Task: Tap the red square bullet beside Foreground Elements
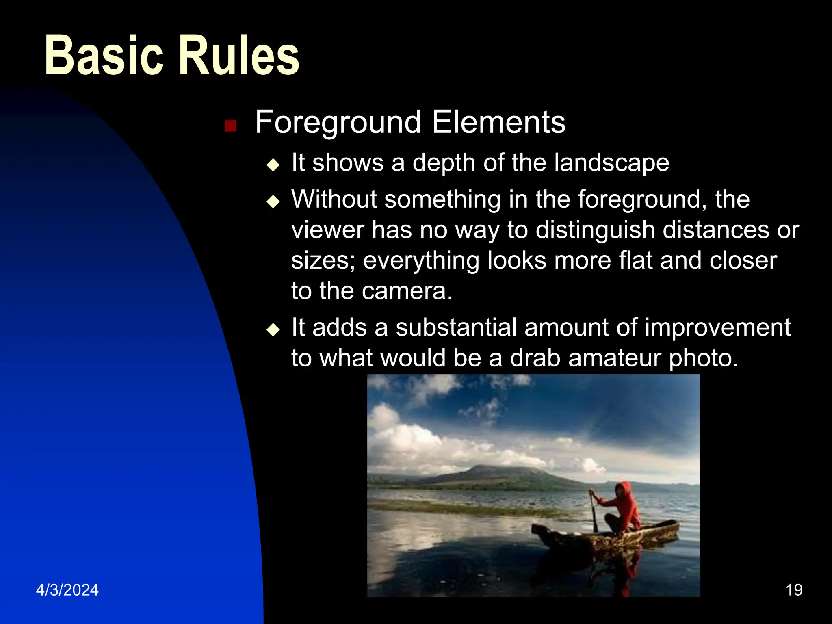(x=230, y=126)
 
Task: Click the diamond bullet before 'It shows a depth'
(x=273, y=165)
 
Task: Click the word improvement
(x=717, y=328)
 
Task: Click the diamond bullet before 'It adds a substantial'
(x=273, y=329)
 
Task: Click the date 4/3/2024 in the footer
(x=67, y=590)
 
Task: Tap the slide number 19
(x=794, y=590)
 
